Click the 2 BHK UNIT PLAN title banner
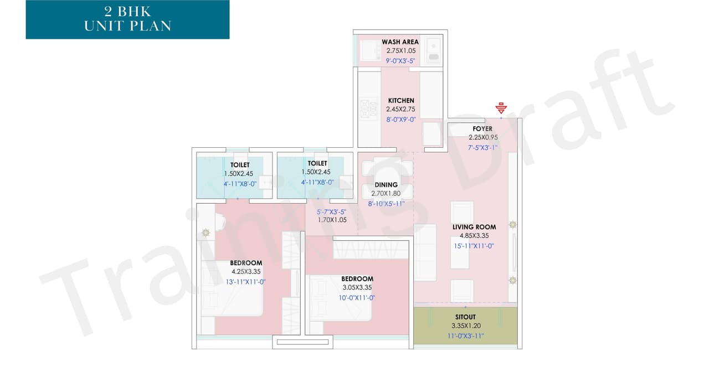coord(127,19)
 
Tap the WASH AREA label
coord(400,42)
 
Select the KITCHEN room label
coord(401,101)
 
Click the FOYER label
coord(482,129)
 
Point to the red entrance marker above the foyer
coord(501,107)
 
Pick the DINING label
coord(386,185)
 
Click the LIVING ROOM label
coord(474,227)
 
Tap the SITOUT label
coord(465,317)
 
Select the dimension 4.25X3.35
coord(246,272)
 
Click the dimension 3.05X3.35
coord(357,288)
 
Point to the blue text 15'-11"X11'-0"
coord(474,246)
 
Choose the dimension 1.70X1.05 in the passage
coord(332,220)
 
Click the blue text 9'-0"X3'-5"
coord(402,61)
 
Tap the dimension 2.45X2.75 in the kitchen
coord(401,110)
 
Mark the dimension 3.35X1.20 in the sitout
coord(465,326)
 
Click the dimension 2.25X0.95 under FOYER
coord(484,137)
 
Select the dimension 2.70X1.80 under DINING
coord(386,194)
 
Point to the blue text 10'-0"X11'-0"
coord(357,298)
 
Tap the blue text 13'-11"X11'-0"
coord(245,282)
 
